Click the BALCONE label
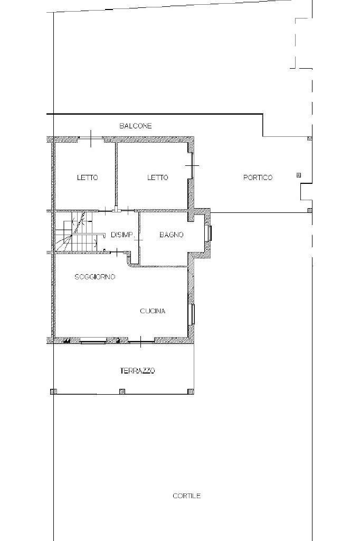[135, 126]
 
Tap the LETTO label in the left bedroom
[87, 178]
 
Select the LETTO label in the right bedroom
[157, 178]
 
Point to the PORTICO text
[258, 178]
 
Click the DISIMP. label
[121, 235]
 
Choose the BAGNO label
[172, 235]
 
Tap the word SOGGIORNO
[95, 277]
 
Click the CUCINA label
[153, 311]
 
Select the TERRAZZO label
[137, 371]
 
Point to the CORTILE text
[186, 496]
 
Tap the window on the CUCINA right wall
[193, 314]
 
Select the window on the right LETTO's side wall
[192, 166]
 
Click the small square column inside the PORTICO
[299, 175]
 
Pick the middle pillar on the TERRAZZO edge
[122, 391]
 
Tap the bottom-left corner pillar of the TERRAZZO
[53, 391]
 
